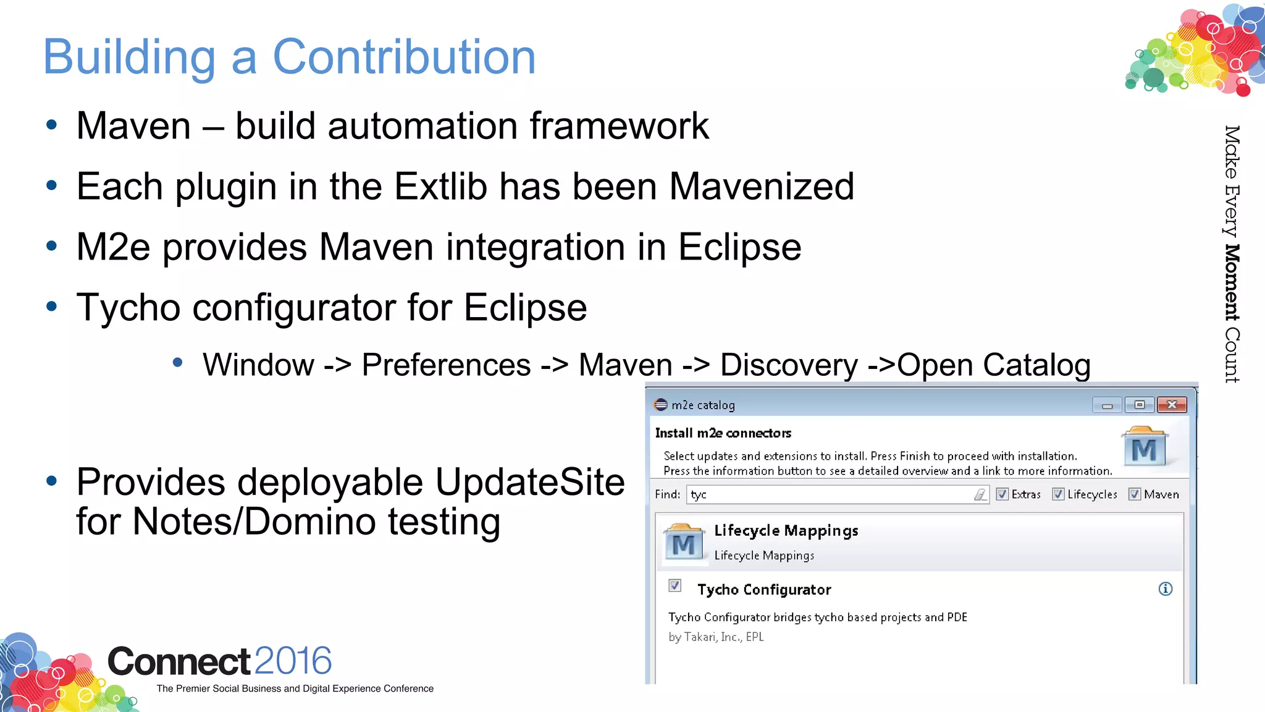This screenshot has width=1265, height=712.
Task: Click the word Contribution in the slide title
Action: (404, 57)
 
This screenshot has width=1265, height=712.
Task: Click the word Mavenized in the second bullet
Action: (762, 186)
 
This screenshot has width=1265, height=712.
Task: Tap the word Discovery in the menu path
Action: (789, 365)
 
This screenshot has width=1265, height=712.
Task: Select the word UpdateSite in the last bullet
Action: (530, 481)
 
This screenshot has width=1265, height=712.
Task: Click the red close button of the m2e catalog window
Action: (1172, 405)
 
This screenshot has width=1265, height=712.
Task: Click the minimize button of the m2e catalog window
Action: (1107, 405)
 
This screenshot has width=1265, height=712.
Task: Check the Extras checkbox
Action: (1002, 494)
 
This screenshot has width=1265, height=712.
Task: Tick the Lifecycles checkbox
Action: (1058, 494)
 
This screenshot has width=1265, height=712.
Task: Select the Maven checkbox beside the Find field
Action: (1135, 494)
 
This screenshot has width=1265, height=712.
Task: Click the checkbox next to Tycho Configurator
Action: (675, 585)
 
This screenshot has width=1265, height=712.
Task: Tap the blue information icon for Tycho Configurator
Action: (1165, 588)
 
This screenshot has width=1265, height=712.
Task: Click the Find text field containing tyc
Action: (828, 494)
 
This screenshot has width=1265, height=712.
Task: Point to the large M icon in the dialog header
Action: (1144, 447)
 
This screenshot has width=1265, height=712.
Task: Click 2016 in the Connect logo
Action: (293, 661)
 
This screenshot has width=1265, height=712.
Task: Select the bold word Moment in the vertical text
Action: (1232, 282)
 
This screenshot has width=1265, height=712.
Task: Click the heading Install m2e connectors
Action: (723, 433)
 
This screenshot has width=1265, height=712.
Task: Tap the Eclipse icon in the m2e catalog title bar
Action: (661, 405)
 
